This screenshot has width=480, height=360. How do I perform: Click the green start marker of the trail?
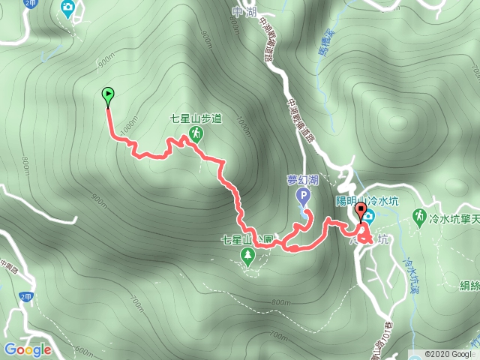[x=108, y=94]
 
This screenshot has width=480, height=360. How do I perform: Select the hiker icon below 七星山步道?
[x=196, y=133]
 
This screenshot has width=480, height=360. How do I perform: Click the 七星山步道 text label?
[x=196, y=118]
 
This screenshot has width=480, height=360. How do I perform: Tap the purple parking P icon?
[x=304, y=197]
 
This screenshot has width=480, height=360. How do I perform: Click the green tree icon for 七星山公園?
[x=247, y=258]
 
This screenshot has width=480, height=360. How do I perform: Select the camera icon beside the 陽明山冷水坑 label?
[x=369, y=216]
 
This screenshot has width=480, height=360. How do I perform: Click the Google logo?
[x=27, y=349]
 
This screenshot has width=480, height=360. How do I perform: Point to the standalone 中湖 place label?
[x=240, y=11]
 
